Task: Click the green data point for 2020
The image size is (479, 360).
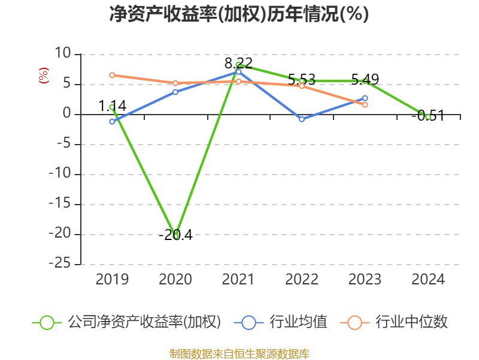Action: coord(175,236)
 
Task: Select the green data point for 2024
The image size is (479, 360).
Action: coord(428,117)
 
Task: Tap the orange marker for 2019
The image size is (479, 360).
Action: coord(112,75)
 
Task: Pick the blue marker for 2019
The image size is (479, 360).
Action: coord(112,121)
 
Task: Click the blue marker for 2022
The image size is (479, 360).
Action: coord(302,119)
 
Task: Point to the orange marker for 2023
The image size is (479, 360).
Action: coord(365,104)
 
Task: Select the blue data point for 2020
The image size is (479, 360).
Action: coord(175,92)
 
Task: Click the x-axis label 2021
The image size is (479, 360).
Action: coord(238,280)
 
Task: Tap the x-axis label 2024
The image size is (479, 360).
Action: coord(428,280)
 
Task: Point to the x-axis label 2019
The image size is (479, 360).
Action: coord(112,280)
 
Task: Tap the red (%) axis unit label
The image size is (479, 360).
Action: coord(43,76)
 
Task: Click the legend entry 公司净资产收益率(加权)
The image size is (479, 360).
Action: coord(129,322)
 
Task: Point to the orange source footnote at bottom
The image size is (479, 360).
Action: coord(239,353)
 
